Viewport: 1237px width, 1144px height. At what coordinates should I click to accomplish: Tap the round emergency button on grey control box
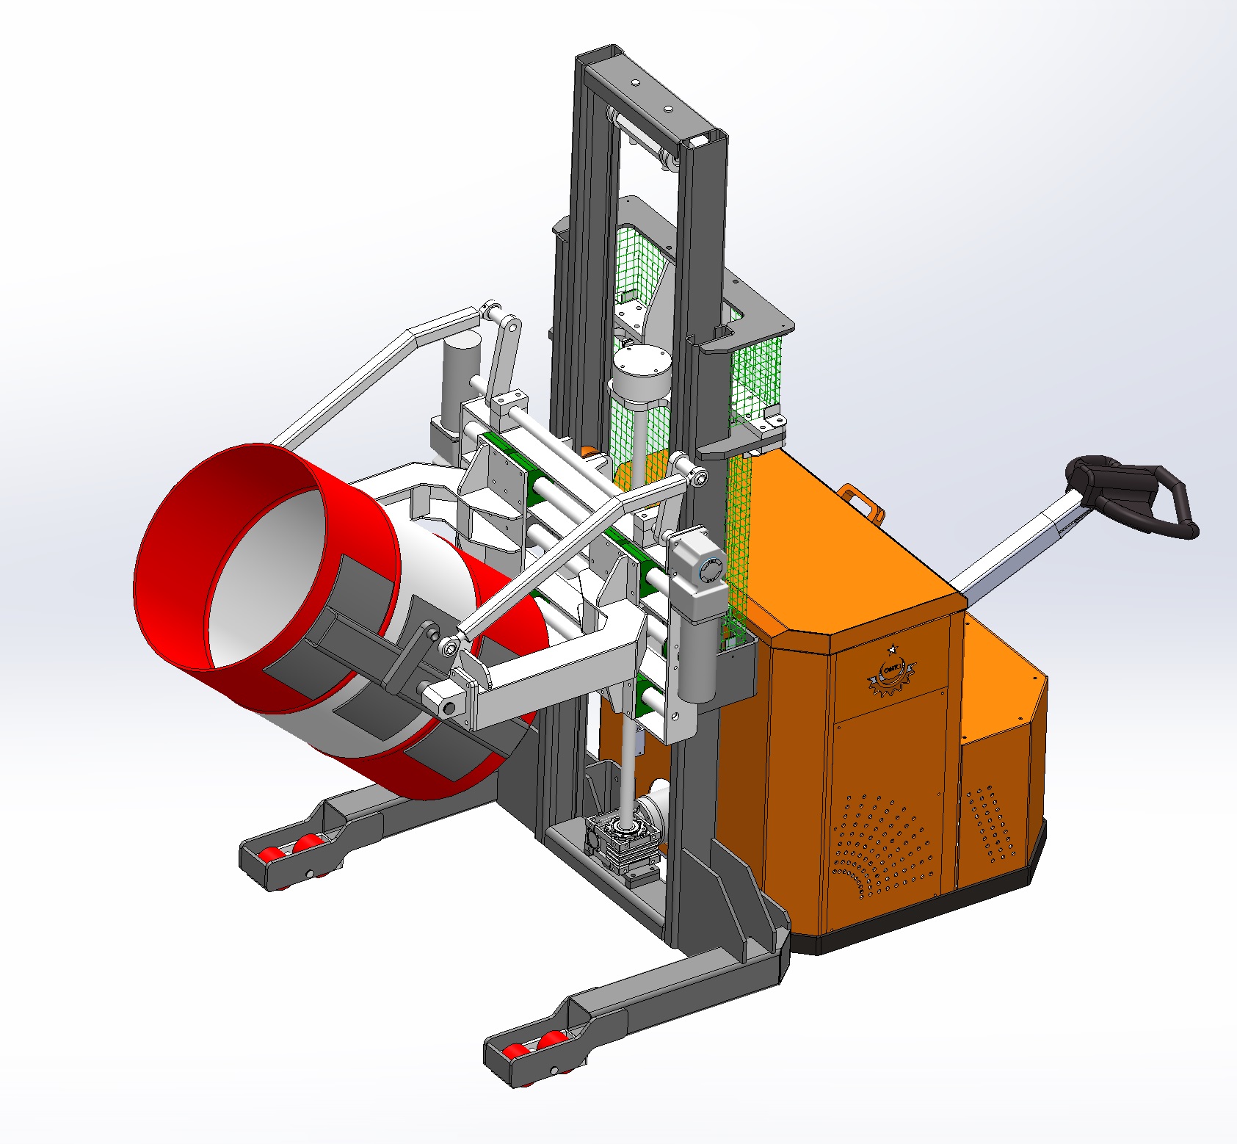[x=711, y=570]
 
